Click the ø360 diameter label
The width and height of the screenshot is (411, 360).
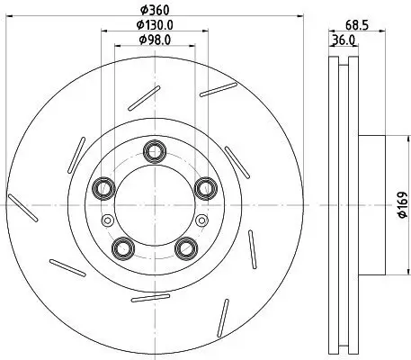(x=151, y=13)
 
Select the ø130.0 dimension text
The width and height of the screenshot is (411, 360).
(x=151, y=24)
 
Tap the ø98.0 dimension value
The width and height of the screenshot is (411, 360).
(x=151, y=40)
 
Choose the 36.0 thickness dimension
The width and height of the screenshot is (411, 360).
(x=343, y=40)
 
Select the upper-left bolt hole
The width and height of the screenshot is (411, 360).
(x=103, y=187)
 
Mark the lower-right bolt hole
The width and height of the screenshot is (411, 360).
(x=185, y=247)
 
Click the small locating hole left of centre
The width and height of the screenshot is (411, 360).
(x=108, y=222)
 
